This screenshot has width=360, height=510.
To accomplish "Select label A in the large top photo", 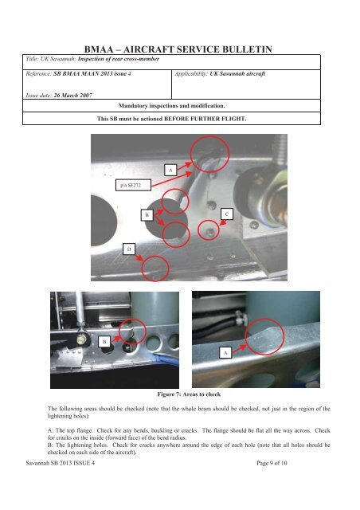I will [x=170, y=170].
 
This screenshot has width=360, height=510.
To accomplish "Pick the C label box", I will [x=226, y=214].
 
